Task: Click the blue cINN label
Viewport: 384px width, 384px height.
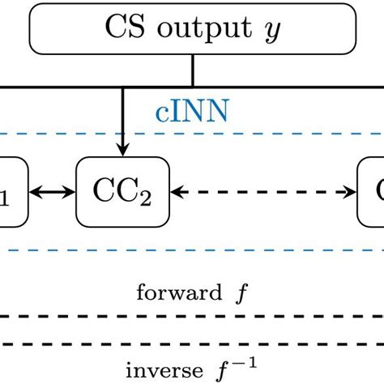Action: tap(192, 112)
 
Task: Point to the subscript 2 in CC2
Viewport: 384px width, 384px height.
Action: tap(145, 198)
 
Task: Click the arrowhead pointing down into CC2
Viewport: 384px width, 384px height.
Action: tap(122, 151)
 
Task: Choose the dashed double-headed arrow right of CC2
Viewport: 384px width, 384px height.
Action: tap(264, 193)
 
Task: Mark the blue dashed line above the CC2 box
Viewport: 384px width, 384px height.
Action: tap(243, 133)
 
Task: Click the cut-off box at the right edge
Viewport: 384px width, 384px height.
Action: tap(372, 192)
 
